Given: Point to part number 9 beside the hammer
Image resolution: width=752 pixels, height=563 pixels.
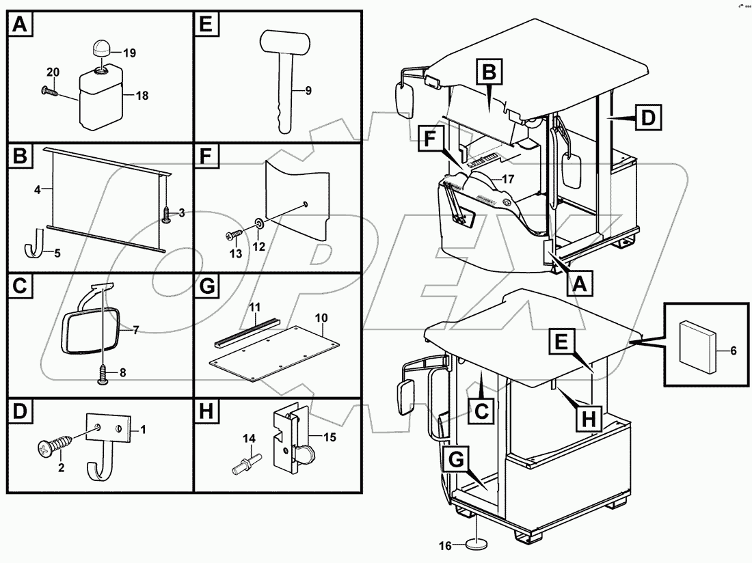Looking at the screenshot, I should [x=308, y=91].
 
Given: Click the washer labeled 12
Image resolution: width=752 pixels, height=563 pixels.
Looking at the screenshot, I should [x=260, y=223].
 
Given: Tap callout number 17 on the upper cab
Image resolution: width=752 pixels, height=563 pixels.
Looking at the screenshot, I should [x=507, y=180].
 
